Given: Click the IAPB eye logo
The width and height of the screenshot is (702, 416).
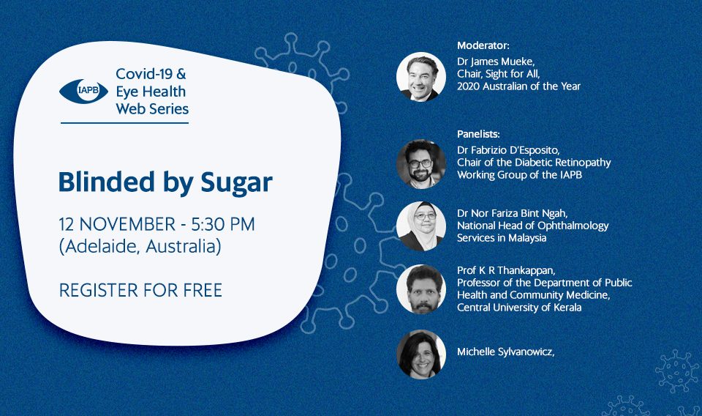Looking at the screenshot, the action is (83, 92).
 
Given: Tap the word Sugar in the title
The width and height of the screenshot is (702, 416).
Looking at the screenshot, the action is (236, 182).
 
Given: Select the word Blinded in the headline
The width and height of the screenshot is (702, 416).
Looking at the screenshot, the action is (107, 182).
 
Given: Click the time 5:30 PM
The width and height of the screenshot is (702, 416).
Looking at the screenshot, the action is (223, 224).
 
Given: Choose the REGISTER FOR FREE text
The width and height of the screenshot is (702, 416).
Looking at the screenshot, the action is (140, 290).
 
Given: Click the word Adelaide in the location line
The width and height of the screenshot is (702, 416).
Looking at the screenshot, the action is (102, 246).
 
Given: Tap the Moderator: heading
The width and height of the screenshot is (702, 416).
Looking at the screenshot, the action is (483, 45).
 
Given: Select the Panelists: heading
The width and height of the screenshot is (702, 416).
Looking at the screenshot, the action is (478, 133).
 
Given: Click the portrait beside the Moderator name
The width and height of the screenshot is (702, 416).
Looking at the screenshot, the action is (421, 77).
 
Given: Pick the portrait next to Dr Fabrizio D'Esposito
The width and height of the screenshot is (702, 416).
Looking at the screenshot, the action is (421, 163).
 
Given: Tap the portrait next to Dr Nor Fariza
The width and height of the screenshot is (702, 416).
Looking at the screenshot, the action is (421, 226).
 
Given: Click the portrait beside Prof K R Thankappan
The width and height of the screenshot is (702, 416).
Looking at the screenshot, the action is (421, 289).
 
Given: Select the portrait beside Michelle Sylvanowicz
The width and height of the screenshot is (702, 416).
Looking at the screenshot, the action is (421, 354).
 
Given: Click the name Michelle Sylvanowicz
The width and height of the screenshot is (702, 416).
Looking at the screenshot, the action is (505, 352).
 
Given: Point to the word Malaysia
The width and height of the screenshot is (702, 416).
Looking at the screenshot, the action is (527, 237).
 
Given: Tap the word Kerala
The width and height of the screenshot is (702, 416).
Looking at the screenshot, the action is (567, 308).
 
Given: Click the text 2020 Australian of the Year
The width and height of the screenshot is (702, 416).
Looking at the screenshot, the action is (518, 86).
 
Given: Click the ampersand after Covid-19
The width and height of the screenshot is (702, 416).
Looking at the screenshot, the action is (181, 74).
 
